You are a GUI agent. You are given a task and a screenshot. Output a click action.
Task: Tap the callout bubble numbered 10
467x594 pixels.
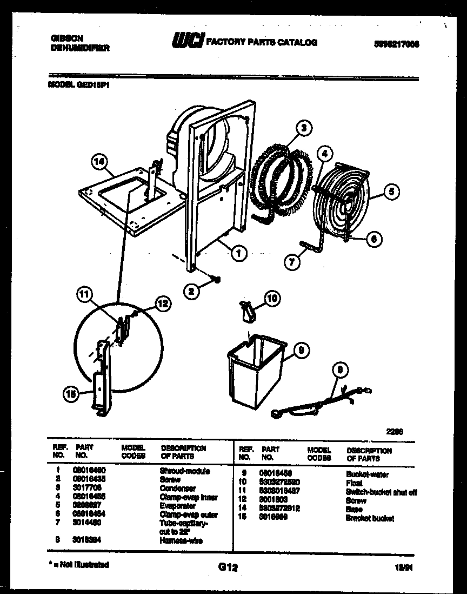pyautogui.click(x=271, y=298)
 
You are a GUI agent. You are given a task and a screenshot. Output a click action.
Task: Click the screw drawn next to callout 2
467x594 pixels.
pyautogui.click(x=216, y=280)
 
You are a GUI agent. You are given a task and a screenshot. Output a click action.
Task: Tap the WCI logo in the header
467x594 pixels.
pyautogui.click(x=188, y=41)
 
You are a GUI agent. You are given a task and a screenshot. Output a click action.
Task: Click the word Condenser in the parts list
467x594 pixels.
pyautogui.click(x=178, y=489)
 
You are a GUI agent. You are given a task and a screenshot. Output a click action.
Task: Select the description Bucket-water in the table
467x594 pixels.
pyautogui.click(x=367, y=475)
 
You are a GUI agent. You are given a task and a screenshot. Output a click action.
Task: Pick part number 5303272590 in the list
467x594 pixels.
pyautogui.click(x=280, y=482)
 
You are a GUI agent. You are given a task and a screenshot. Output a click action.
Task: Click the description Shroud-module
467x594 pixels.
pyautogui.click(x=185, y=471)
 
